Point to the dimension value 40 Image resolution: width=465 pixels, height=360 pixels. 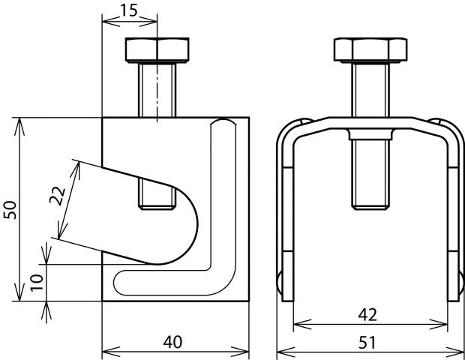tap(173, 342)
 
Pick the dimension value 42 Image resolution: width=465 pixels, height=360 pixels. tap(367, 313)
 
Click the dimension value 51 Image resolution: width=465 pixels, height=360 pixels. tap(367, 342)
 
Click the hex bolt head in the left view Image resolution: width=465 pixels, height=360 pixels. tap(156, 50)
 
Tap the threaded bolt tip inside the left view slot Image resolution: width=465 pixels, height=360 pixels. tap(156, 196)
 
